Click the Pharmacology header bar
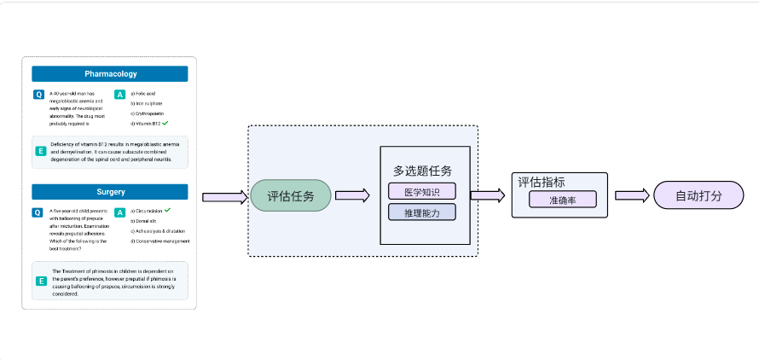pyautogui.click(x=110, y=74)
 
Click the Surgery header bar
pyautogui.click(x=110, y=192)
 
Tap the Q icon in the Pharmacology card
pyautogui.click(x=38, y=94)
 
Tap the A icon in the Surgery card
pyautogui.click(x=120, y=212)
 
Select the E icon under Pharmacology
pyautogui.click(x=40, y=151)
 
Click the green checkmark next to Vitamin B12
pyautogui.click(x=165, y=124)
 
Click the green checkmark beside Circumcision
pyautogui.click(x=168, y=210)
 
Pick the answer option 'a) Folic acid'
pyautogui.click(x=143, y=93)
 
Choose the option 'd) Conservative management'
pyautogui.click(x=160, y=241)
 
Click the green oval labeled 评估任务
pyautogui.click(x=290, y=196)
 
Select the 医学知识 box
pyautogui.click(x=422, y=191)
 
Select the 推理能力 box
pyautogui.click(x=422, y=212)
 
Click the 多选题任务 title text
pyautogui.click(x=422, y=171)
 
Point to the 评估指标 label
pyautogui.click(x=542, y=182)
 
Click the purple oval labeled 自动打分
pyautogui.click(x=698, y=195)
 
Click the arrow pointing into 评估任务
pyautogui.click(x=224, y=197)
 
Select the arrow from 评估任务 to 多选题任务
pyautogui.click(x=352, y=195)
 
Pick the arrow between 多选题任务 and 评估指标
pyautogui.click(x=487, y=195)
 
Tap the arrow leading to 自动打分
pyautogui.click(x=632, y=195)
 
